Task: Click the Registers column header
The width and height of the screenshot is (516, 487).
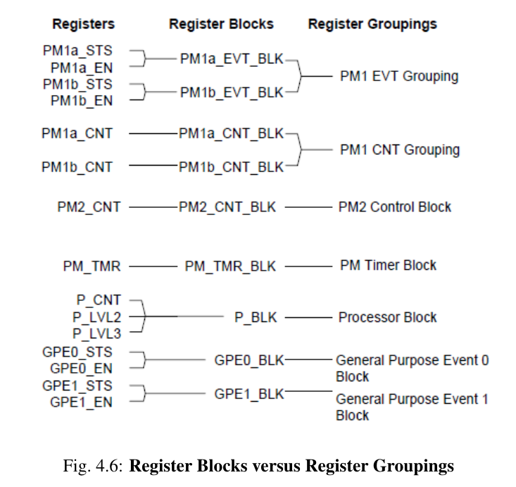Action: click(83, 24)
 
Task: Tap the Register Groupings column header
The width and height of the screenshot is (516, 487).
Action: click(372, 24)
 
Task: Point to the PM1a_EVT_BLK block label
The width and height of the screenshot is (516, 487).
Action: click(232, 60)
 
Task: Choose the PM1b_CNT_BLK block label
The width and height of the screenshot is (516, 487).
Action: click(231, 166)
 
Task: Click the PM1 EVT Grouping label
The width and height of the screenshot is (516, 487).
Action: click(398, 76)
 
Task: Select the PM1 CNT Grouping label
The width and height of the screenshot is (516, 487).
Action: click(399, 149)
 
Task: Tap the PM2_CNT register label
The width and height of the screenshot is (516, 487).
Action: click(89, 207)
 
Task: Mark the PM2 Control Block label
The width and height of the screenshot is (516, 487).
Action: click(394, 206)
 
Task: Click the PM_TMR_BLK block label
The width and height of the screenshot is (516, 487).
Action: click(230, 266)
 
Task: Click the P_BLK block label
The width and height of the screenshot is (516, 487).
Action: click(256, 318)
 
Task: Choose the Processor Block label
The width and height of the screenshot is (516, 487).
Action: click(387, 317)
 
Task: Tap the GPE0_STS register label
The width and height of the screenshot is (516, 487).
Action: click(77, 352)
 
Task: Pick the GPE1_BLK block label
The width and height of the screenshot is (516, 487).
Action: click(248, 394)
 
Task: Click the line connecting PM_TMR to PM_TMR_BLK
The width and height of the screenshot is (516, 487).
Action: click(152, 266)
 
